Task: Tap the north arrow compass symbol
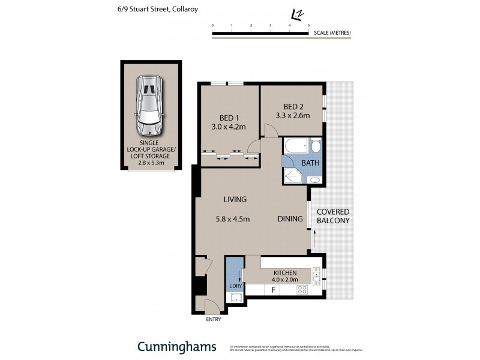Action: click(x=296, y=14)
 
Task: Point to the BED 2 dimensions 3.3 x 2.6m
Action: click(x=292, y=116)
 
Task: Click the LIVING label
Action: click(x=235, y=199)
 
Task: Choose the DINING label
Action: click(x=289, y=219)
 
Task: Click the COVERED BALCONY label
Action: click(x=332, y=216)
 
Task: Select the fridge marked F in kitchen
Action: click(x=273, y=290)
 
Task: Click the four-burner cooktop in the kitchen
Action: click(x=302, y=290)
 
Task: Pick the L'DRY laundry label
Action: click(x=235, y=286)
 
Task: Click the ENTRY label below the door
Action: click(x=213, y=319)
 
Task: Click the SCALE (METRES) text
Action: click(x=332, y=32)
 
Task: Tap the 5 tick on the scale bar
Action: click(x=308, y=26)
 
